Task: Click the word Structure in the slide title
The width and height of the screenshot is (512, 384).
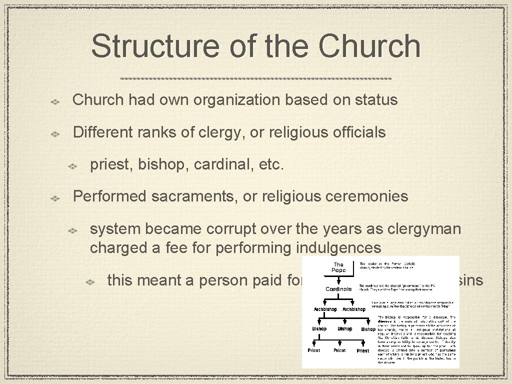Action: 155,46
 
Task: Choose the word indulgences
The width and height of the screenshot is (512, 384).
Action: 345,248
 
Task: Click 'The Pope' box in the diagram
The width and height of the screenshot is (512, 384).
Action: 338,267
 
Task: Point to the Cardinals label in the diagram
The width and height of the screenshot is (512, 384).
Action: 338,289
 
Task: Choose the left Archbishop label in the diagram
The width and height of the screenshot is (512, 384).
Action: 325,309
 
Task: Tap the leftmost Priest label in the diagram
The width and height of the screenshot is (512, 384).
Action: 313,350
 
